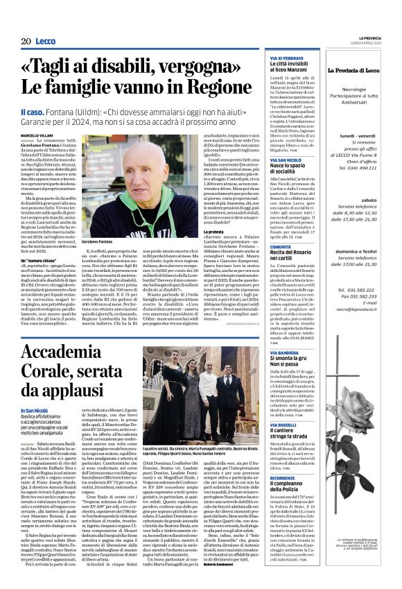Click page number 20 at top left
tap(26, 42)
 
